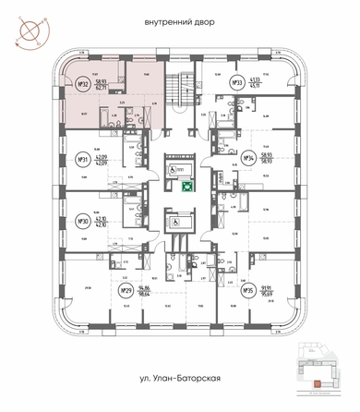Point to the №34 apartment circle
(x=247, y=156)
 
